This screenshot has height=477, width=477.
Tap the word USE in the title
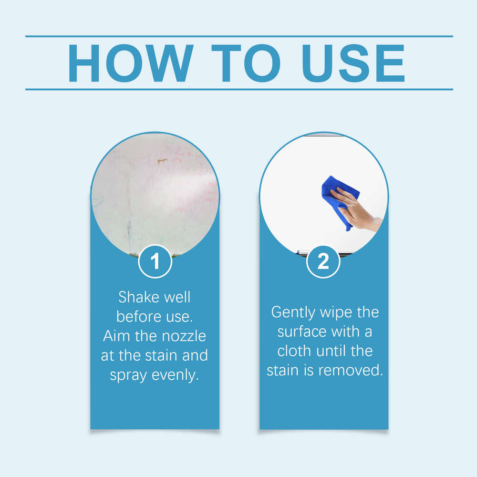(353, 63)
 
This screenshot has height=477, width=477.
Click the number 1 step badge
(155, 261)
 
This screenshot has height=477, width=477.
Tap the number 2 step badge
(323, 261)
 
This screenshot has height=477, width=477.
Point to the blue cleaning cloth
(336, 198)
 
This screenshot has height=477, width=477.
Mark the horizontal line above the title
(238, 36)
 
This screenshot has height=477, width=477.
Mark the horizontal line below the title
(238, 89)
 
